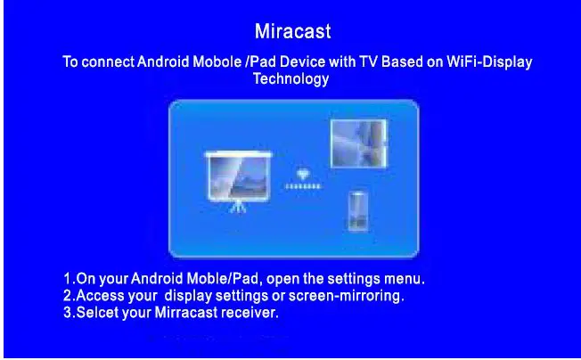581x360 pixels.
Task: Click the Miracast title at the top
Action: coord(292,32)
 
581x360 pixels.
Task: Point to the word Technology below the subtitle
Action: coord(291,78)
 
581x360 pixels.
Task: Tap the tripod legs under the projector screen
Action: coord(238,205)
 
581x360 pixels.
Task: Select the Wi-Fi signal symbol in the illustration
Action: coord(302,175)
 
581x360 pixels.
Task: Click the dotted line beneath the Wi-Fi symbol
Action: coord(302,187)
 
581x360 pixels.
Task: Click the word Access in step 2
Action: coord(99,295)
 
